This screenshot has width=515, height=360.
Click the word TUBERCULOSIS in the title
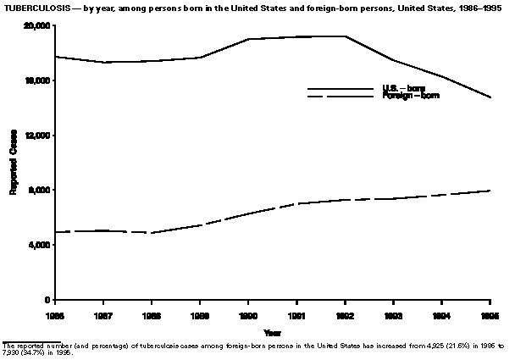click(x=31, y=8)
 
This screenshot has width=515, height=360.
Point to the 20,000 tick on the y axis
click(x=36, y=25)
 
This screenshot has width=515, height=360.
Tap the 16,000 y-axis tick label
click(x=36, y=80)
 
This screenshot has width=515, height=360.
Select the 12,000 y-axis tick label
click(x=36, y=136)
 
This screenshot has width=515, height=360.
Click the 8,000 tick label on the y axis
click(x=39, y=190)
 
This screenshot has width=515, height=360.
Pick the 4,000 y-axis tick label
click(x=39, y=245)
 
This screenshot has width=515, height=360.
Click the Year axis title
click(x=272, y=332)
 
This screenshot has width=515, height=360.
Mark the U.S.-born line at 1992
click(x=345, y=36)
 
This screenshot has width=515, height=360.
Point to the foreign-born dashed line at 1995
click(x=489, y=191)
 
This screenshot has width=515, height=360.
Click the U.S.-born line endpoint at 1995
click(x=489, y=97)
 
